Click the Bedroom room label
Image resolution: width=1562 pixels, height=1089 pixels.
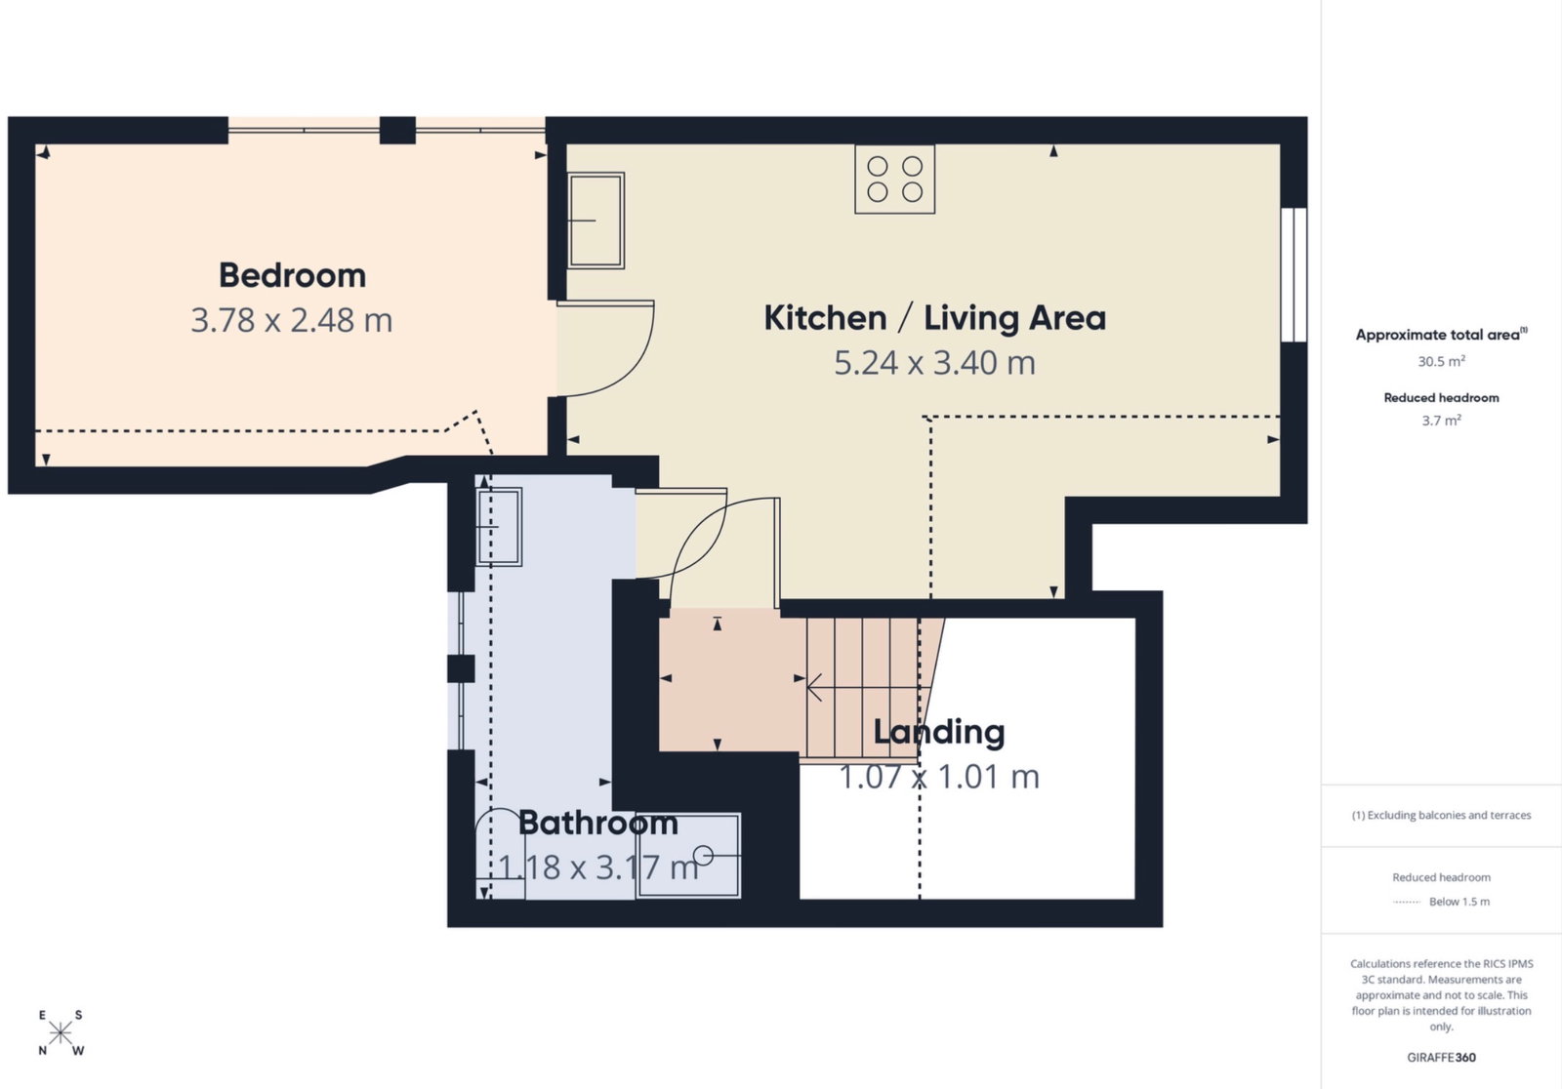(x=292, y=275)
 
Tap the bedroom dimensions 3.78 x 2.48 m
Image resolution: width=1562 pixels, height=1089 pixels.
(x=292, y=320)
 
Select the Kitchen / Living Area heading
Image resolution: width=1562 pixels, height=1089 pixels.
(x=935, y=318)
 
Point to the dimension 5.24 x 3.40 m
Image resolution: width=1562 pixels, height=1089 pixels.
(x=935, y=363)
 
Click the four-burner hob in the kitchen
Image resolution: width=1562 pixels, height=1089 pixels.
(x=894, y=180)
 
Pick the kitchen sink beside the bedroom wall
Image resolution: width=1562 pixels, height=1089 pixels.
(x=596, y=221)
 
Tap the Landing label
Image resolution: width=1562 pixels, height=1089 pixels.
(x=938, y=732)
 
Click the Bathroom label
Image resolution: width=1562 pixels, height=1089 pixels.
(x=598, y=824)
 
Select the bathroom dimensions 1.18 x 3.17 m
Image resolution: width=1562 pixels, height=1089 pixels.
(x=598, y=867)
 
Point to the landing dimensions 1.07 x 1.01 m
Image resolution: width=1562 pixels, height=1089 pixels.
(x=938, y=777)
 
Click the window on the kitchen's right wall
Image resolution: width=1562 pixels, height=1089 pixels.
(x=1294, y=275)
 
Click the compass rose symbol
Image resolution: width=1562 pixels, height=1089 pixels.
(x=61, y=1032)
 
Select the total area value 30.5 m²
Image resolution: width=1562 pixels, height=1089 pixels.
(x=1441, y=361)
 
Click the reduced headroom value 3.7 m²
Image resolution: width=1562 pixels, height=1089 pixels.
(x=1441, y=421)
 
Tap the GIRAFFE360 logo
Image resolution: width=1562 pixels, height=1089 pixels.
(x=1441, y=1058)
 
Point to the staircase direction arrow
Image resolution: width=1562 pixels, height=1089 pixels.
(x=863, y=687)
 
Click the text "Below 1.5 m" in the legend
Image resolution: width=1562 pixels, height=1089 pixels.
(x=1459, y=902)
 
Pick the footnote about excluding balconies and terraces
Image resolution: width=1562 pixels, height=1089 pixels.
(x=1441, y=815)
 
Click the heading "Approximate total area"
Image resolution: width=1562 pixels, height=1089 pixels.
(x=1437, y=335)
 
